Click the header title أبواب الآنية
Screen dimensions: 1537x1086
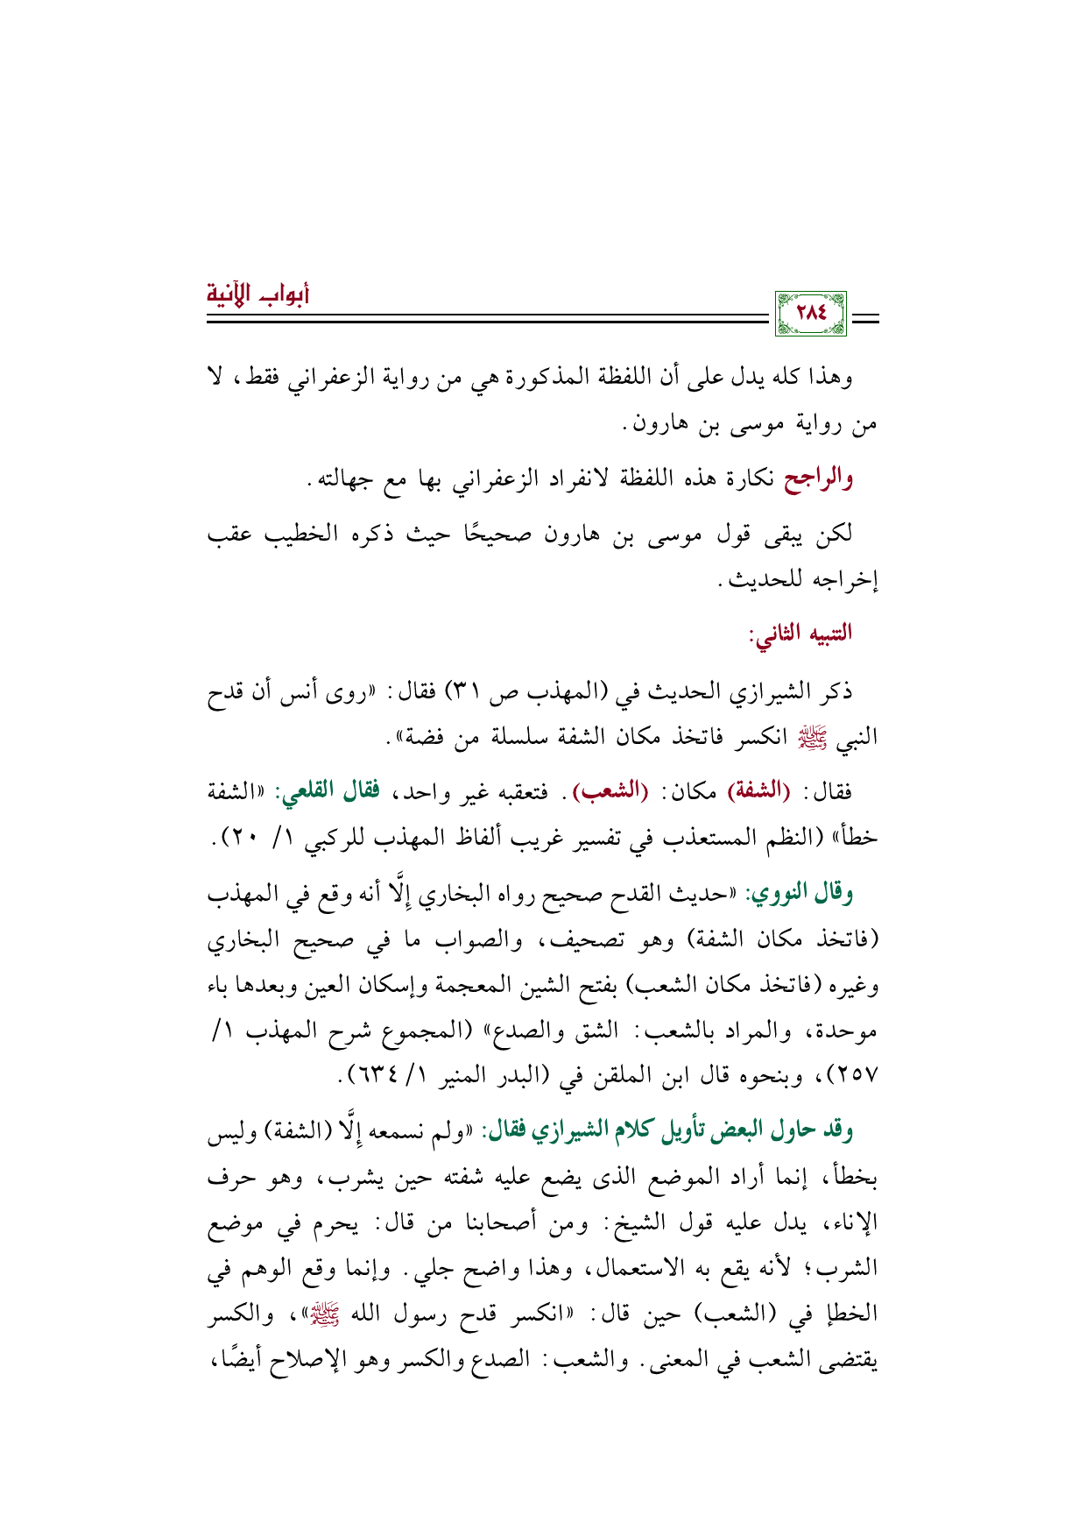[x=258, y=293]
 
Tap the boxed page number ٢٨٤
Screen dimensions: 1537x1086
[x=811, y=313]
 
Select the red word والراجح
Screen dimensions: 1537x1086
[x=818, y=478]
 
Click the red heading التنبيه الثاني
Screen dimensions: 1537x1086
[x=799, y=634]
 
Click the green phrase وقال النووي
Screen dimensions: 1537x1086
[x=797, y=894]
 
